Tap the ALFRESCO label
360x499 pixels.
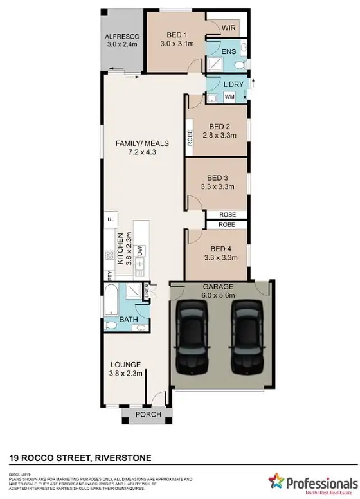(122, 37)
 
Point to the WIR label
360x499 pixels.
(228, 28)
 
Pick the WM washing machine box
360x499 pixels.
(230, 97)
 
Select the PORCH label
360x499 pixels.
(147, 415)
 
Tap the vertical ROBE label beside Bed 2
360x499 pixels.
(190, 139)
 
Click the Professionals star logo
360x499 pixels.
(276, 480)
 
